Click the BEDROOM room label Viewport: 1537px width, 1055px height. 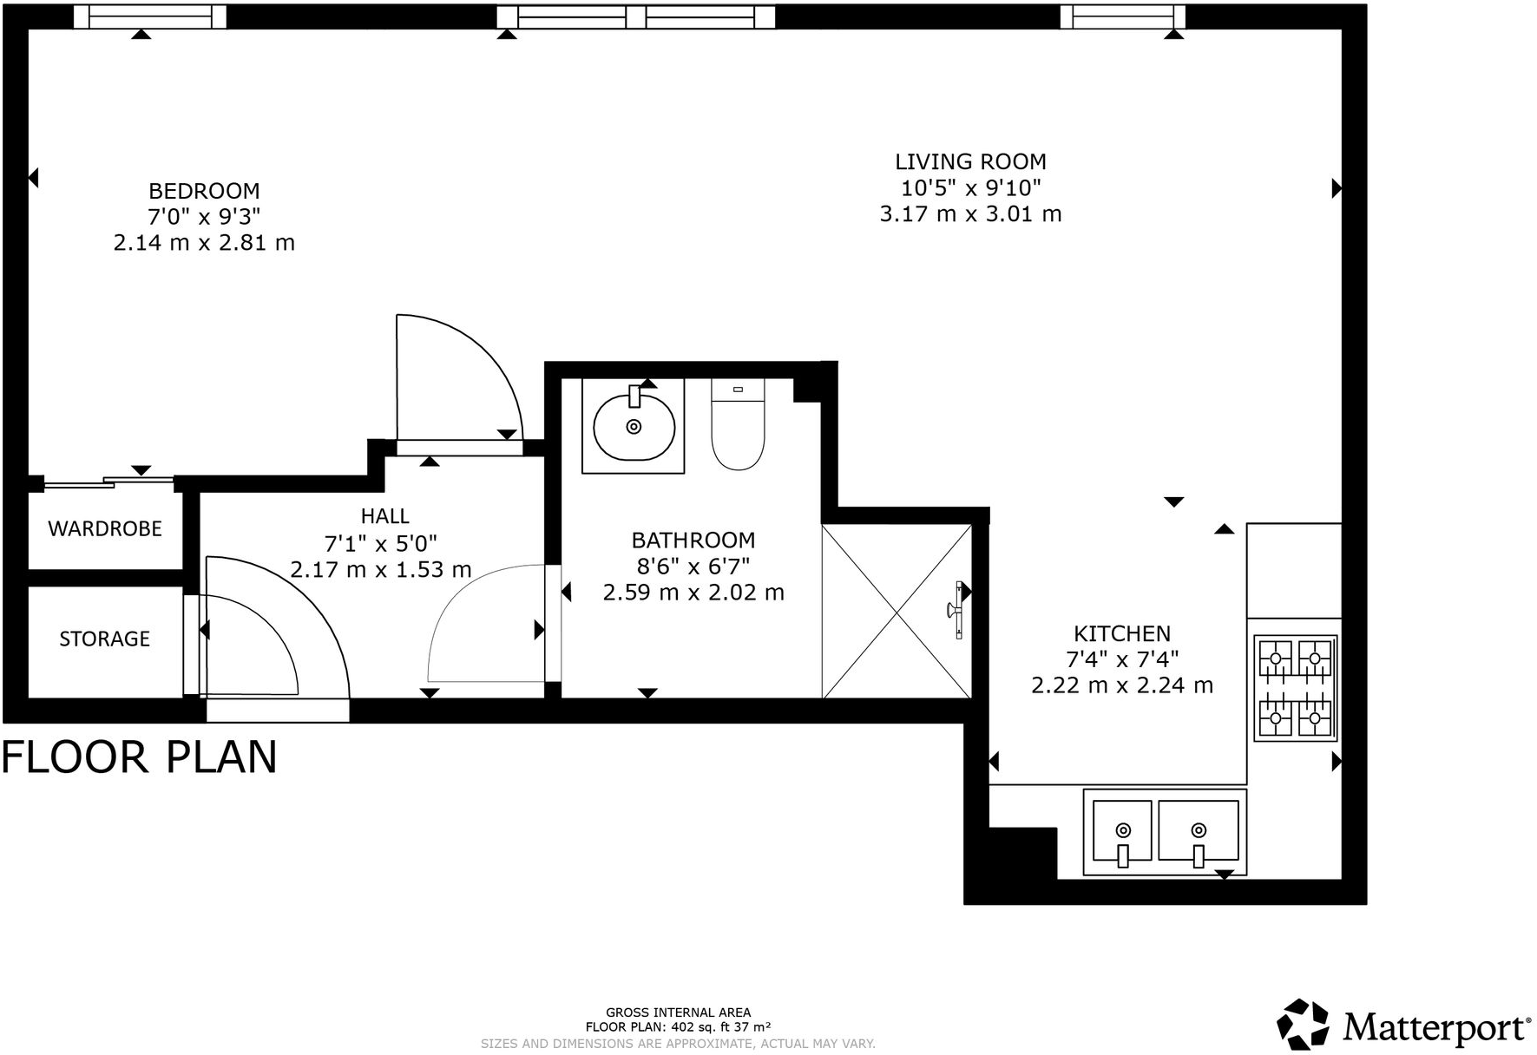[x=204, y=191]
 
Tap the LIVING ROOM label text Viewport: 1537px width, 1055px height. [x=970, y=161]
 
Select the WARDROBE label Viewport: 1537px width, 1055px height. [x=105, y=528]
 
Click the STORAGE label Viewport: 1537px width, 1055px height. [x=105, y=639]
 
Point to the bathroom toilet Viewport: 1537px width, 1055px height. [x=738, y=424]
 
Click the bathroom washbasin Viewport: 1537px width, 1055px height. [x=634, y=426]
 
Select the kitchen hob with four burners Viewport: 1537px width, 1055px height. [x=1295, y=688]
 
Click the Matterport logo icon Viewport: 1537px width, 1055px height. [x=1303, y=1025]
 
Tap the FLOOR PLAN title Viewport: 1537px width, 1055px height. [x=139, y=757]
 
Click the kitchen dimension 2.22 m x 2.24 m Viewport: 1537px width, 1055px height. [x=1122, y=685]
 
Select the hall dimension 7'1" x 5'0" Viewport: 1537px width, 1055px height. [x=381, y=544]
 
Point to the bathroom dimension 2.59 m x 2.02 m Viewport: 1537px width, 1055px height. [x=693, y=593]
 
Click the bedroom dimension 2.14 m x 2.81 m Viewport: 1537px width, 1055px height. [x=204, y=243]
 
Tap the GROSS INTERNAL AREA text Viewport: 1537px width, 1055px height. [x=678, y=1012]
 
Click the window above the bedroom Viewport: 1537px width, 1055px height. [x=150, y=16]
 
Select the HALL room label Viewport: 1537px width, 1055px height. [x=384, y=516]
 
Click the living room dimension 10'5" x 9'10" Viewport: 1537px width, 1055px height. [x=970, y=187]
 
